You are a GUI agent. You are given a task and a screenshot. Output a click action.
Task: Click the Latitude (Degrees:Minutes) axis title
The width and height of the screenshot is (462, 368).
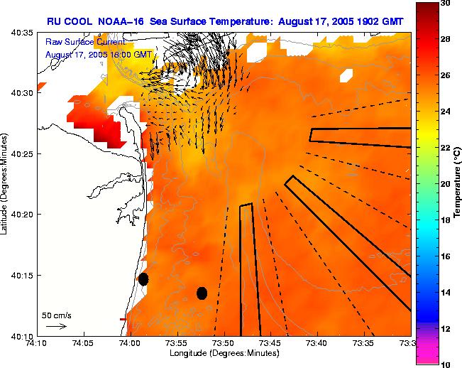(6, 183)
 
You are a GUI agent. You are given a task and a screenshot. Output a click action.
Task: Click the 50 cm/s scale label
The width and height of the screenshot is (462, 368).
(57, 315)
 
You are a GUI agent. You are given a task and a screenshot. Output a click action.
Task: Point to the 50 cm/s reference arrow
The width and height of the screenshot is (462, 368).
(57, 326)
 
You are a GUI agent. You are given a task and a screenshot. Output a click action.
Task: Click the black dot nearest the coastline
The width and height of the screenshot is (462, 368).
(143, 278)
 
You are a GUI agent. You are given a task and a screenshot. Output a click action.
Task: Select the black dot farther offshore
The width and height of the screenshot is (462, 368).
(202, 293)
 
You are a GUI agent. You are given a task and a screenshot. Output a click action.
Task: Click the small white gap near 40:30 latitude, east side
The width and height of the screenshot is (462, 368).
(347, 74)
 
